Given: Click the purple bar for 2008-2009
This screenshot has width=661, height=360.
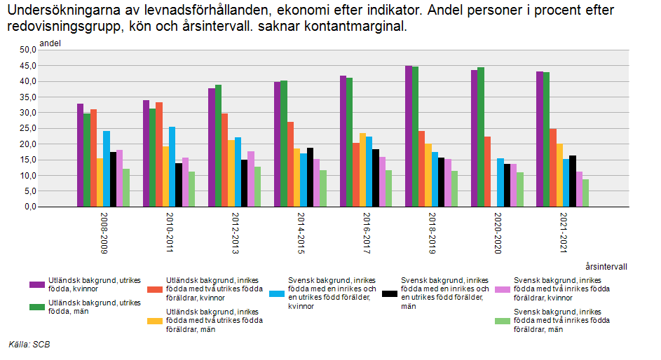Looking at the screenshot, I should (x=80, y=155).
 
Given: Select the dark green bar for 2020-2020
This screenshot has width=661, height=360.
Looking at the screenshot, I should (x=481, y=137).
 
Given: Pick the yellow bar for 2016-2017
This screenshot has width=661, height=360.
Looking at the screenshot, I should (x=362, y=170).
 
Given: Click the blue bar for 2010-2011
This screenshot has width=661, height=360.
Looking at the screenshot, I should (x=172, y=167).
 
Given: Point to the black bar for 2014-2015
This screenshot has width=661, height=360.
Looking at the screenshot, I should (x=310, y=177).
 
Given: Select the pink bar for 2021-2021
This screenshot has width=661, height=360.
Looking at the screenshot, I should (x=579, y=189).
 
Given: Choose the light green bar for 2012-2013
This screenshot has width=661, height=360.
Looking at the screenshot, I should (x=258, y=186).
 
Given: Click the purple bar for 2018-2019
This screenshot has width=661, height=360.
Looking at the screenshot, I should (x=409, y=137).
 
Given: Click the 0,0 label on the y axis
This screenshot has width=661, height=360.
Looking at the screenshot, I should (x=29, y=207).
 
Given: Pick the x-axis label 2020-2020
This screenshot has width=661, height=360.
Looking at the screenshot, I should (x=494, y=235).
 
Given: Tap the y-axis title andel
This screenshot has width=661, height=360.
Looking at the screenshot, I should (x=50, y=43).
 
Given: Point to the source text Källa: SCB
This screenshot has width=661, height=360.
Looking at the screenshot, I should (x=29, y=344).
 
